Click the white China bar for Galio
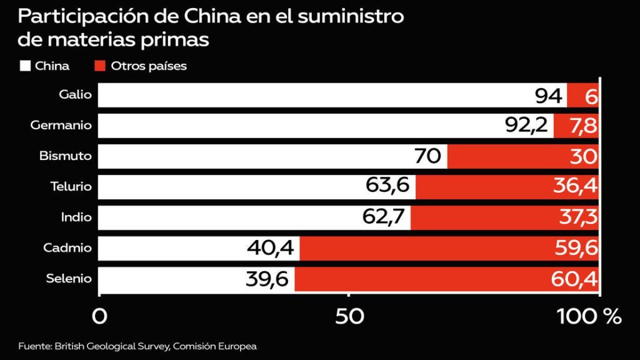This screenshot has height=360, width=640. [312, 96]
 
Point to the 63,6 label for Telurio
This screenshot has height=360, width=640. [387, 187]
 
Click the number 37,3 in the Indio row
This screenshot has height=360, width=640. [576, 217]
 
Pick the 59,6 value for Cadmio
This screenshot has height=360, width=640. [576, 248]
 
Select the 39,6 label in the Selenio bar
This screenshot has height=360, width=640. [266, 279]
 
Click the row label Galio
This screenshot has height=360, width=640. [75, 95]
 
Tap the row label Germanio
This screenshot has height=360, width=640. [61, 126]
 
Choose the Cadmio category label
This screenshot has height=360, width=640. [67, 248]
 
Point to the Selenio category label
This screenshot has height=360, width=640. [69, 279]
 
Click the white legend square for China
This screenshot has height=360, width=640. [26, 66]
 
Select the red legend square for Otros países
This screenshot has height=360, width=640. [99, 66]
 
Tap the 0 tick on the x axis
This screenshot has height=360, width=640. [99, 316]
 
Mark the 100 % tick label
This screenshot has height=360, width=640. [589, 316]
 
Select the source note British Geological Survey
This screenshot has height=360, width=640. [112, 346]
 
